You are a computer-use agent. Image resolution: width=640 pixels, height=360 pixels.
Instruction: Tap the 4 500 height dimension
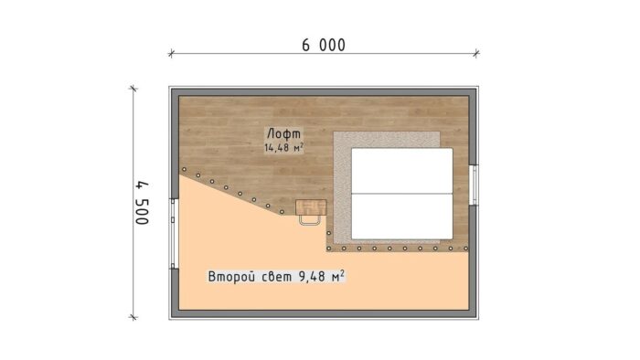pyautogui.click(x=143, y=202)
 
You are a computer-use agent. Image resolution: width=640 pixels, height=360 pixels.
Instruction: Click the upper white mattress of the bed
pyautogui.click(x=402, y=171)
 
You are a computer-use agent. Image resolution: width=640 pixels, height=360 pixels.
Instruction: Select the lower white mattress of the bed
pyautogui.click(x=402, y=216)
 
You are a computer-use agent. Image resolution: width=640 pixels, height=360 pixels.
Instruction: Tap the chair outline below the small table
pyautogui.click(x=310, y=219)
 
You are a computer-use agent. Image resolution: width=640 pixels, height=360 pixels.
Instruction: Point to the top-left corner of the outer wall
pyautogui.click(x=171, y=89)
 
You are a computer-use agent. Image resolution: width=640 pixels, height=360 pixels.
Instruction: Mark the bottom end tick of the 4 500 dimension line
pyautogui.click(x=134, y=317)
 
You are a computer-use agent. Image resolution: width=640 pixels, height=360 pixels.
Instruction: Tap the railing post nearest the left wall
pyautogui.click(x=184, y=170)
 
